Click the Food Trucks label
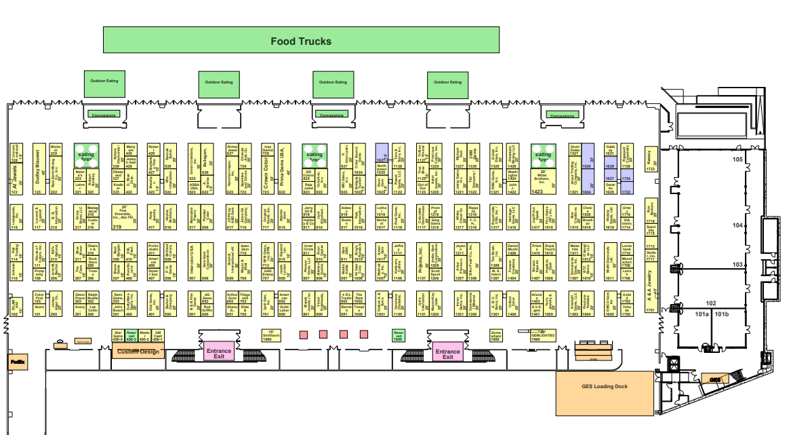click(x=301, y=41)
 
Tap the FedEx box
click(x=17, y=362)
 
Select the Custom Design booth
click(x=138, y=351)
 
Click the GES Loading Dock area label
click(x=605, y=387)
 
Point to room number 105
click(x=737, y=159)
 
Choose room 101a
click(x=701, y=314)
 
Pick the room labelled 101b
click(x=721, y=314)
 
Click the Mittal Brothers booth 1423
click(x=542, y=181)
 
